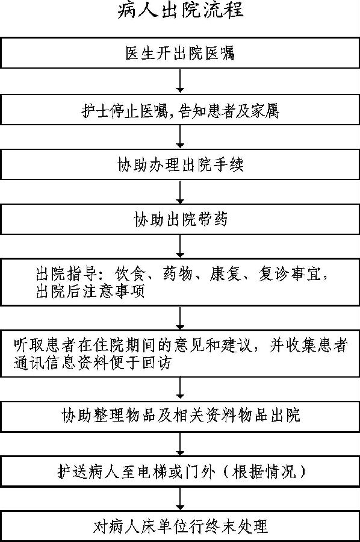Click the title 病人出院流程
point(181,10)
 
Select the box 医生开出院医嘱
point(180,52)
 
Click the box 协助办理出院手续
point(180,164)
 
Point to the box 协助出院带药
point(180,219)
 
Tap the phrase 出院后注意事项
point(90,291)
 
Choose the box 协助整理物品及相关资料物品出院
point(180,416)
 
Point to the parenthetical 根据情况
point(264,472)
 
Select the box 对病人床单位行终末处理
point(180,526)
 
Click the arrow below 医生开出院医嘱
point(180,81)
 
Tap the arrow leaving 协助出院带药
point(180,246)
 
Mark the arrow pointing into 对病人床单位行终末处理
point(180,499)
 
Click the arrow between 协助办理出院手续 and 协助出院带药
point(180,192)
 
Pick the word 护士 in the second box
point(96,111)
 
